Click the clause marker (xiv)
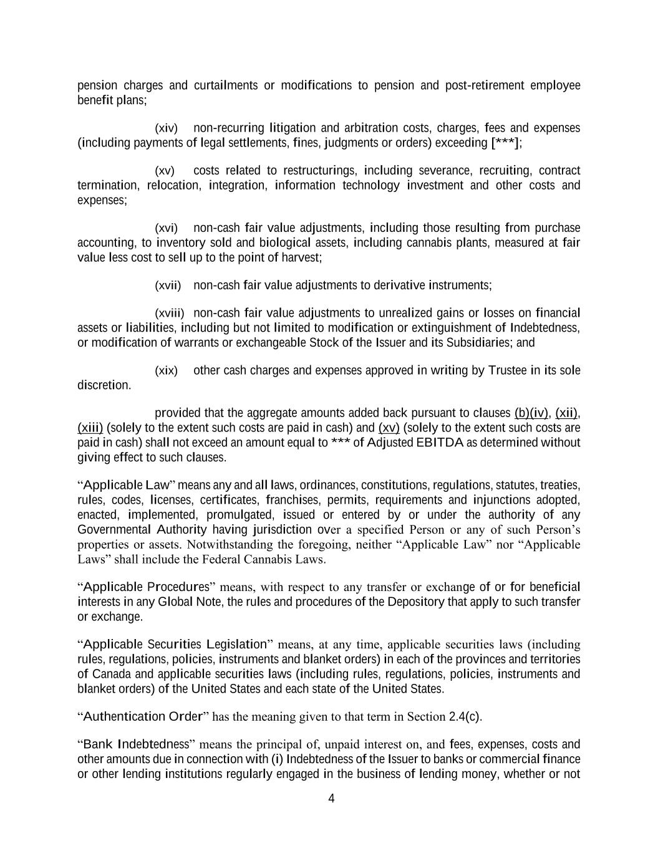tap(166, 128)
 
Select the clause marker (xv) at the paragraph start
tap(165, 171)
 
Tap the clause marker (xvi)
tap(166, 228)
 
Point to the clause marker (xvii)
tap(168, 286)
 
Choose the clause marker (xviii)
tap(170, 313)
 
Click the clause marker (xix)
tap(166, 371)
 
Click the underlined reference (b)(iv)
tap(531, 413)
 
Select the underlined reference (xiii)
tap(90, 428)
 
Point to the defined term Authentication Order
tap(143, 717)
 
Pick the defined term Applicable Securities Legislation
tap(175, 645)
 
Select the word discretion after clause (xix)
tap(104, 386)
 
